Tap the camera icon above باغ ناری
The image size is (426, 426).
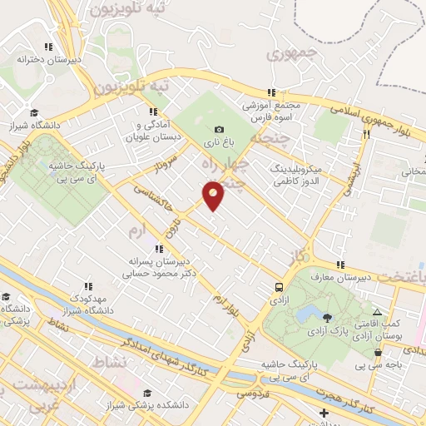click(219, 129)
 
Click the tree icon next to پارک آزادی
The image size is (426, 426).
click(327, 317)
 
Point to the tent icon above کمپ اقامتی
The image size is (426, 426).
click(377, 311)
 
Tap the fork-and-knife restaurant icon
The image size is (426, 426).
click(365, 132)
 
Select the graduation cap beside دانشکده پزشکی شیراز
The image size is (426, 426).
click(147, 393)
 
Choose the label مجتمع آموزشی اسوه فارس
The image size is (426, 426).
click(270, 111)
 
